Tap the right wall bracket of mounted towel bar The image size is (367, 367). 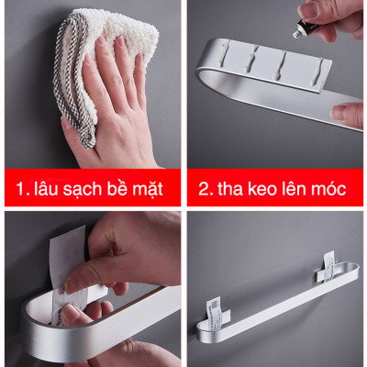click(329, 267)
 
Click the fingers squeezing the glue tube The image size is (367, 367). click(335, 17)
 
